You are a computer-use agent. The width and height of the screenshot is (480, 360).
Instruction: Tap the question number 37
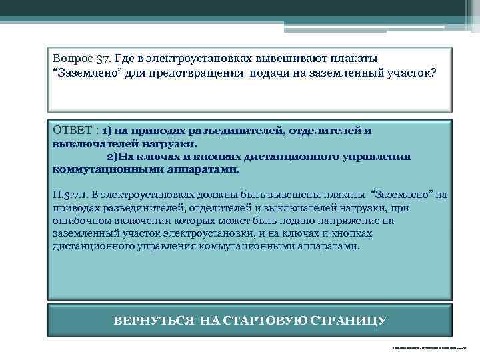pyautogui.click(x=101, y=59)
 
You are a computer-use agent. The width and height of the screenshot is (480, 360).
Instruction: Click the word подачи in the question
pyautogui.click(x=268, y=72)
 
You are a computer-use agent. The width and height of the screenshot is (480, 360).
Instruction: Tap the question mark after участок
pyautogui.click(x=434, y=72)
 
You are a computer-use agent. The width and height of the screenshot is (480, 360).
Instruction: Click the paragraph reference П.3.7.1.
pyautogui.click(x=71, y=195)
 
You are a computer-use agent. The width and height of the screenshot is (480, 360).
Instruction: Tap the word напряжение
pyautogui.click(x=351, y=220)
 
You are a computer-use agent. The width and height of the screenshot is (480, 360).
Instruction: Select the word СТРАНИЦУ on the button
pyautogui.click(x=348, y=321)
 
